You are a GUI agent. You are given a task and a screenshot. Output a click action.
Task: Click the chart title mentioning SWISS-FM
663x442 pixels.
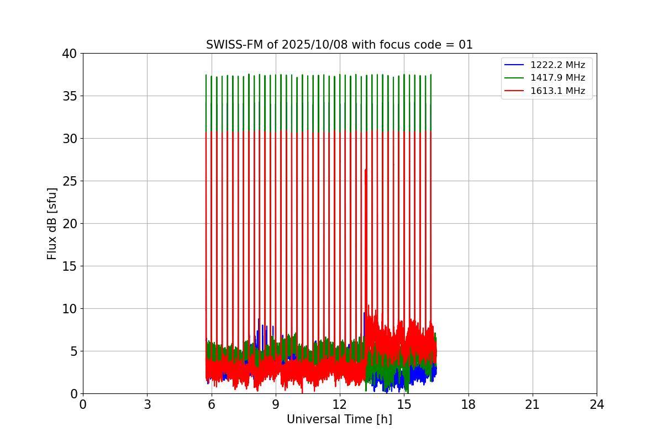click(339, 45)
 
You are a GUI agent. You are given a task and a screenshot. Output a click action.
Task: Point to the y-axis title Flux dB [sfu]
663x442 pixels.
click(52, 223)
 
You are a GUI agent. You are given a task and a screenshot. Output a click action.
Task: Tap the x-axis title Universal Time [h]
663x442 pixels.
click(339, 419)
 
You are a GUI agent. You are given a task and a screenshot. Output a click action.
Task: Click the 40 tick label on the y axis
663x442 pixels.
click(69, 54)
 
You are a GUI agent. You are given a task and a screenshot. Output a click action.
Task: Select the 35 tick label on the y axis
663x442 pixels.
click(69, 96)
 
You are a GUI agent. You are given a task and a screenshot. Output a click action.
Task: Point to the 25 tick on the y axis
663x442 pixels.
click(69, 181)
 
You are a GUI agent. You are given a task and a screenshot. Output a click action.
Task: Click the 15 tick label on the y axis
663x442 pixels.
click(69, 266)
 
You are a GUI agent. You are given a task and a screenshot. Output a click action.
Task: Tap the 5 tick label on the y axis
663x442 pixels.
click(73, 351)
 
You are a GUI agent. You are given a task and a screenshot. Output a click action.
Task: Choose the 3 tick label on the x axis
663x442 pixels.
click(147, 404)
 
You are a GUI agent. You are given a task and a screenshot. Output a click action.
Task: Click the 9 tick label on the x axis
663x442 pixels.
click(276, 404)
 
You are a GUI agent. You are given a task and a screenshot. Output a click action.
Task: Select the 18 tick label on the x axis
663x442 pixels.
click(469, 404)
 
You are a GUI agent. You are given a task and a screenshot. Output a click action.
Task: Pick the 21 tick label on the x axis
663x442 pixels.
click(533, 404)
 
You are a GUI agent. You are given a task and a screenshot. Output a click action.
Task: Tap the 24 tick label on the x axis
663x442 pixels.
click(597, 404)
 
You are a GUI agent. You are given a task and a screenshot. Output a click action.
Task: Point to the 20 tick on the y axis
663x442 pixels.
click(69, 224)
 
